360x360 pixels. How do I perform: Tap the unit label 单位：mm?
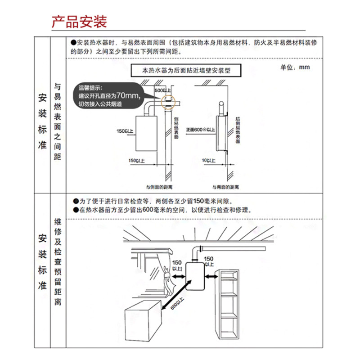pos(296,67)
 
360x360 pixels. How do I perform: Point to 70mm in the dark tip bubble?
pos(128,95)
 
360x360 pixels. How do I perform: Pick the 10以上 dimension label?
pos(208,160)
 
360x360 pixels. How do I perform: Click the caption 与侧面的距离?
pos(157,186)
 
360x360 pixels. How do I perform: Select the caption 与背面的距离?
pos(226,186)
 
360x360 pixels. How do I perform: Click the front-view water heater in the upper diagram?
pos(145,133)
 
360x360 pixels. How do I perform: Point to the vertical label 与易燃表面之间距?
pos(58,121)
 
